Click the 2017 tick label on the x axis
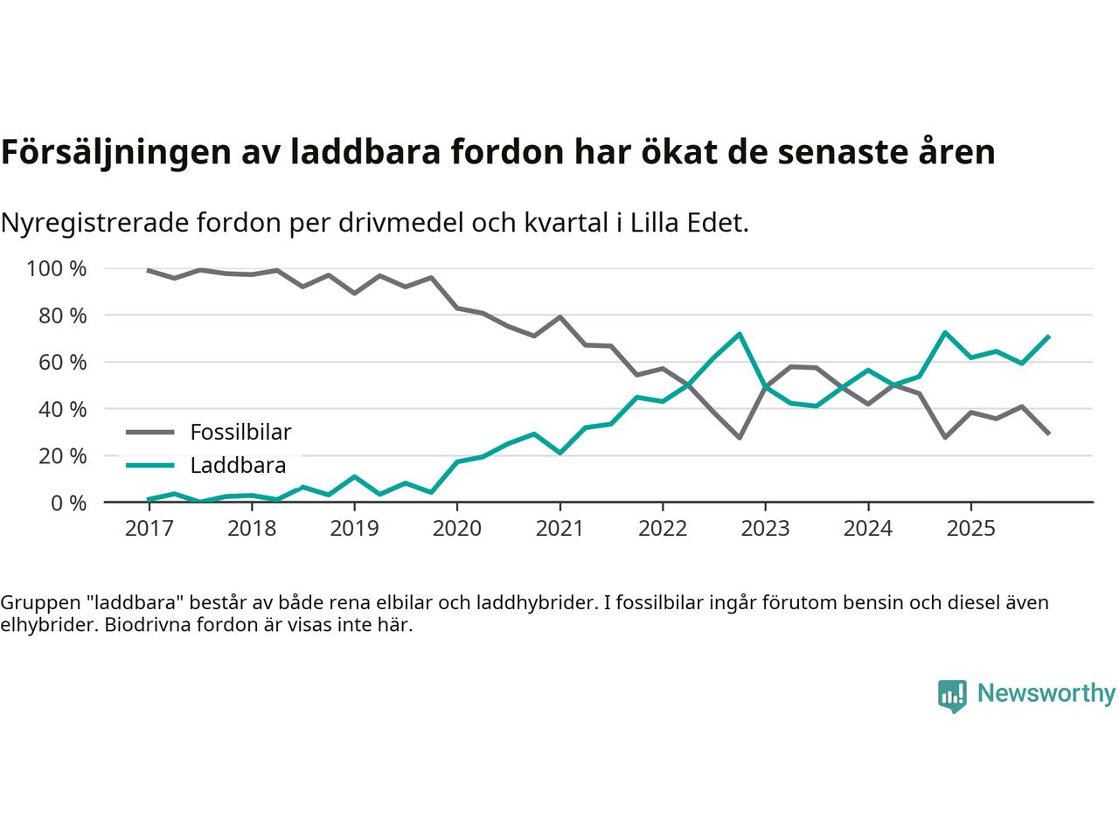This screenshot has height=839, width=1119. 149,529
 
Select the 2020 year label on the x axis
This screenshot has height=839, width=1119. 457,529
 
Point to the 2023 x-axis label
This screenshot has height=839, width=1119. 765,529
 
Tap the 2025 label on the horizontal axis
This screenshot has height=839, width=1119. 970,529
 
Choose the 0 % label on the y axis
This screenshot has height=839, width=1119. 67,503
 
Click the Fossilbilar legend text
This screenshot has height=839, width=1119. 240,432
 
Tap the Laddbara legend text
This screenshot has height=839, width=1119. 238,465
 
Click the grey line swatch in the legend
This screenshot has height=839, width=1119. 150,432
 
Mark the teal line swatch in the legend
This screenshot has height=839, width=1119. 150,465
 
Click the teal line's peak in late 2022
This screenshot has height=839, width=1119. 740,334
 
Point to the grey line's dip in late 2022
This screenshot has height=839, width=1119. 740,437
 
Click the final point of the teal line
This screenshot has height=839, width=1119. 1048,336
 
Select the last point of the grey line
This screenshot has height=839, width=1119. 1048,433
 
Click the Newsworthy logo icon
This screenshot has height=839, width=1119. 952,696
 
